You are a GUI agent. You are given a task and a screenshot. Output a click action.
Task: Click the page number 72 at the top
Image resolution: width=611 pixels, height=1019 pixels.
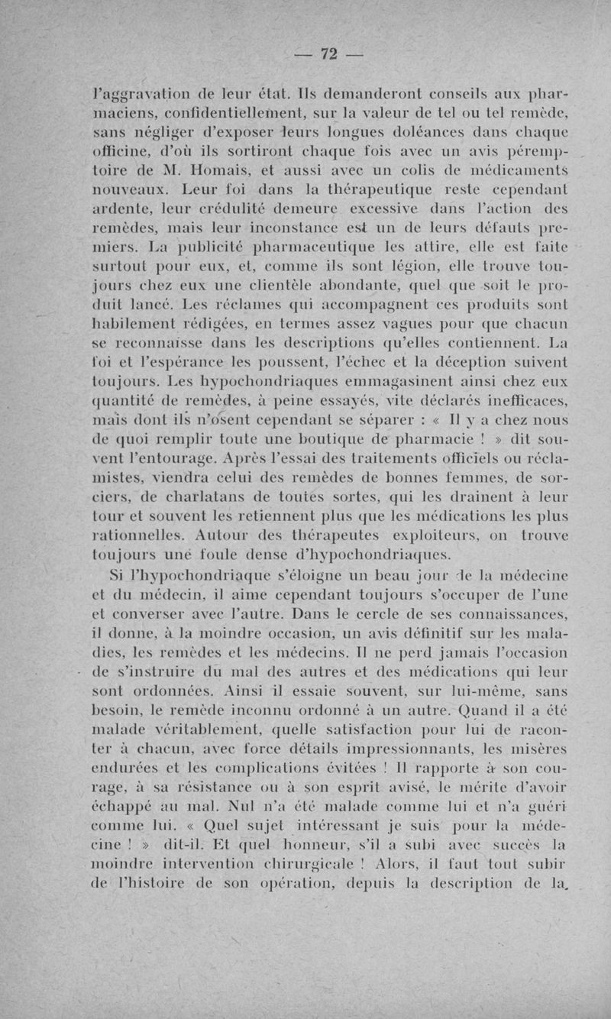pyautogui.click(x=328, y=53)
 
